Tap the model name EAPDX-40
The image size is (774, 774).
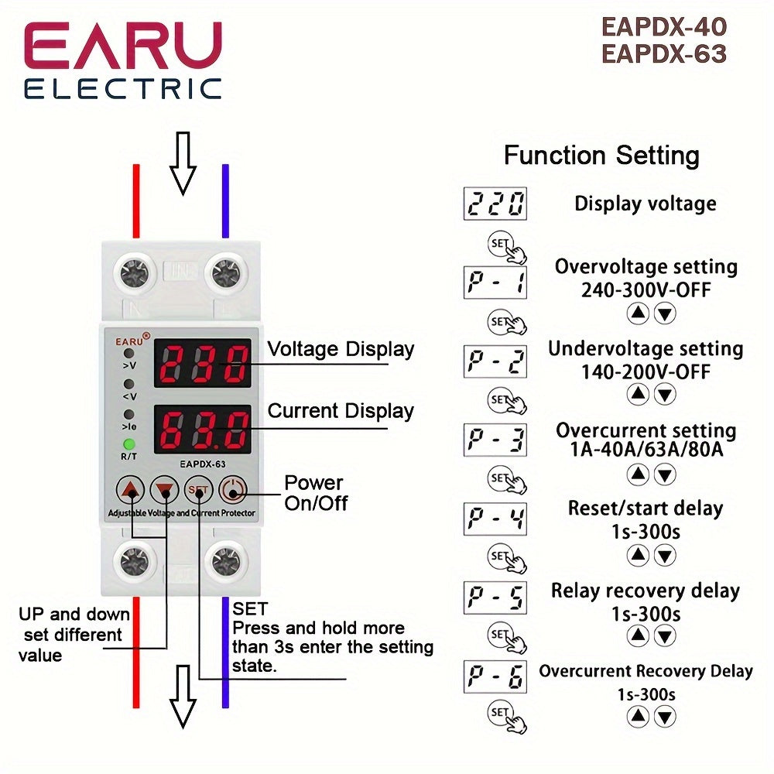[x=664, y=27]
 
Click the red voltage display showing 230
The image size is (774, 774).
[x=202, y=362]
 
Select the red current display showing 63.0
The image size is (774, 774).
[x=202, y=429]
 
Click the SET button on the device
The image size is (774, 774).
[x=198, y=491]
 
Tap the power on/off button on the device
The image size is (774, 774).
[x=232, y=491]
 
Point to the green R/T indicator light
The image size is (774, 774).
[x=130, y=445]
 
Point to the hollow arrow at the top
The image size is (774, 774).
[x=183, y=162]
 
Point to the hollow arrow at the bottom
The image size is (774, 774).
[x=183, y=694]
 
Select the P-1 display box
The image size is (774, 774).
[x=495, y=282]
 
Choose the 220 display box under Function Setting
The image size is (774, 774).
[x=495, y=204]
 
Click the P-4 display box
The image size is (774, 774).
[x=495, y=519]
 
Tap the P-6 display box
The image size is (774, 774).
[x=495, y=676]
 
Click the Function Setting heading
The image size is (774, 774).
[x=601, y=155]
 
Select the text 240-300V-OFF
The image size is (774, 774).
[x=646, y=290]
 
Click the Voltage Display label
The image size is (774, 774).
[x=341, y=349]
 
